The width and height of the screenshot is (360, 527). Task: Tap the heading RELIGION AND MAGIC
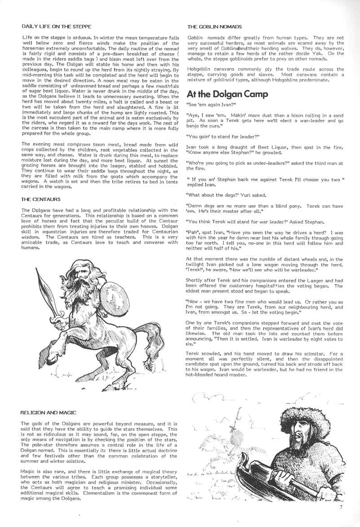point(49,412)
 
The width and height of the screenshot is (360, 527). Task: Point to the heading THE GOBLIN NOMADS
point(214,26)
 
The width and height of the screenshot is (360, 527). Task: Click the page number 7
point(341,507)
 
